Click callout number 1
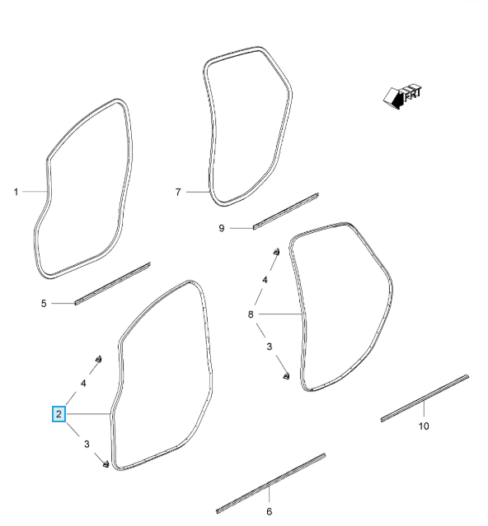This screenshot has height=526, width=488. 16,192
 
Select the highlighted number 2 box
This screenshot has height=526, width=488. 59,414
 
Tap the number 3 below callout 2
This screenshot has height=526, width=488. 87,444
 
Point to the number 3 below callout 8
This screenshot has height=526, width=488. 269,347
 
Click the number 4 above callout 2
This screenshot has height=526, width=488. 83,383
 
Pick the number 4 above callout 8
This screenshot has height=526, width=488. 265,280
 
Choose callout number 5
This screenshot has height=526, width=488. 44,303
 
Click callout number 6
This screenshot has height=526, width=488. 269,511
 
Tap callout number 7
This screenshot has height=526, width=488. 178,192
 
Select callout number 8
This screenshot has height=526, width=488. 251,314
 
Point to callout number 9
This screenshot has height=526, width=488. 221,228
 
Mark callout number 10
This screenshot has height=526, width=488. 424,426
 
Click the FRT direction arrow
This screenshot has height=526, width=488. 401,96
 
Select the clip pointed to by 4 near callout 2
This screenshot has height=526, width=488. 98,359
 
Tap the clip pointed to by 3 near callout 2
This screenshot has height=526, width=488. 106,464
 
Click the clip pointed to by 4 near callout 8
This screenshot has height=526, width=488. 276,252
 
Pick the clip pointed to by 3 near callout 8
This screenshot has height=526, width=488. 286,376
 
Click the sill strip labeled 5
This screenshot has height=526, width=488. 112,284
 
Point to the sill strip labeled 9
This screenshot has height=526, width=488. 286,212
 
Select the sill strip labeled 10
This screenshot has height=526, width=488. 425,398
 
